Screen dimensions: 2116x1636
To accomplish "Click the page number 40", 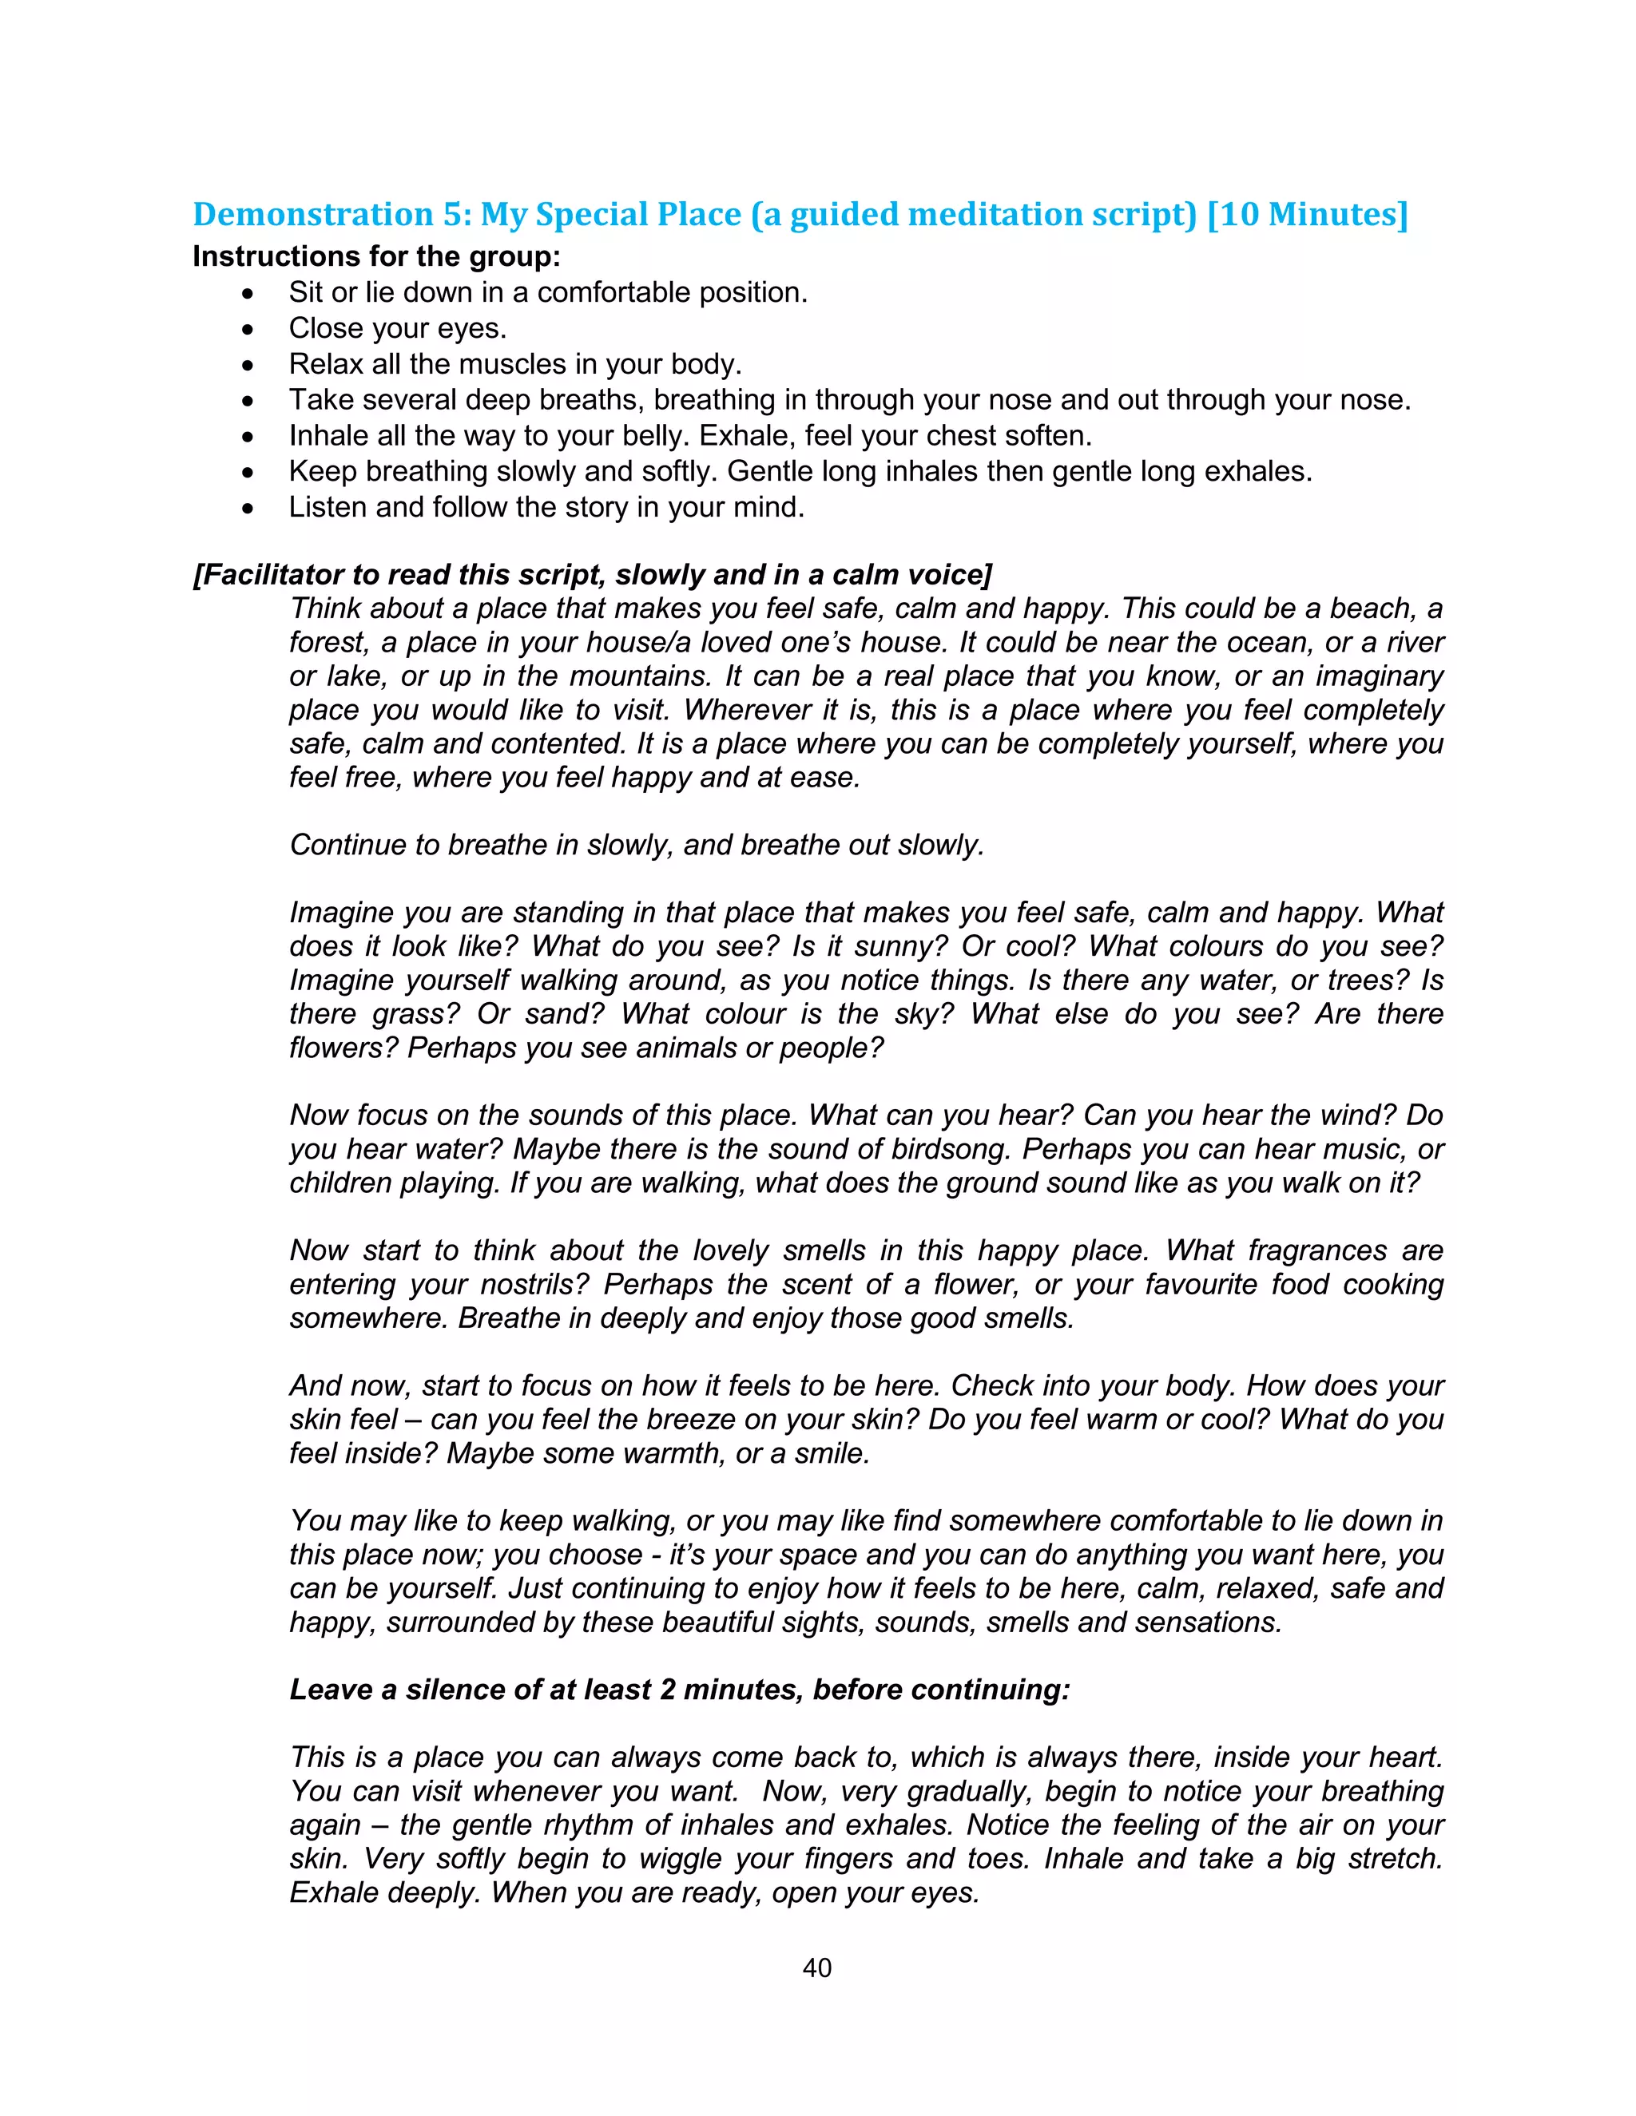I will pos(817,1967).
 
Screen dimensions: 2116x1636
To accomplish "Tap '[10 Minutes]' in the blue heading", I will pos(1308,214).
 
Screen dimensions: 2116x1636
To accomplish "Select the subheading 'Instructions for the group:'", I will pos(376,257).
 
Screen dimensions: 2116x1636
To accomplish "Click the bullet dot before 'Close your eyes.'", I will pos(249,330).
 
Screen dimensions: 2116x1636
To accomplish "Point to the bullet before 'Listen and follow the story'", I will pos(249,508).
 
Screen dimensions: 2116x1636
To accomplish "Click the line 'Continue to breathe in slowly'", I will pos(636,845).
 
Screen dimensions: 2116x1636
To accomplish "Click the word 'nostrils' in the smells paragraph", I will pos(531,1285).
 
